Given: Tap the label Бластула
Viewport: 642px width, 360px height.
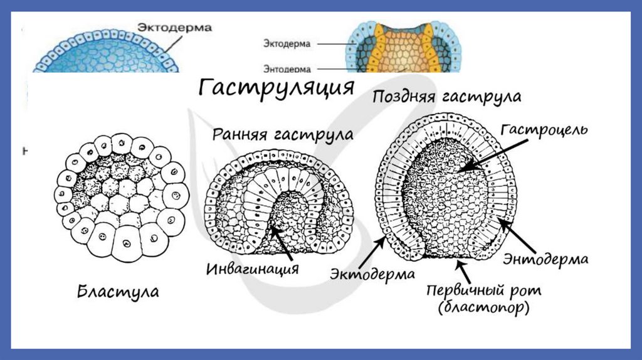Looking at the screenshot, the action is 118,292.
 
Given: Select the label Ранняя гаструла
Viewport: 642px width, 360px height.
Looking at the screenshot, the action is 282,134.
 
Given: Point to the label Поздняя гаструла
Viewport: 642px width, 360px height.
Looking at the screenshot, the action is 446,97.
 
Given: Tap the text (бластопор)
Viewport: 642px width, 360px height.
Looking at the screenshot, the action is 484,308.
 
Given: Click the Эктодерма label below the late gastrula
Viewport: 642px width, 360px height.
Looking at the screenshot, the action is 372,274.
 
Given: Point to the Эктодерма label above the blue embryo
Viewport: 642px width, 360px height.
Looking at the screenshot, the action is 174,28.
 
